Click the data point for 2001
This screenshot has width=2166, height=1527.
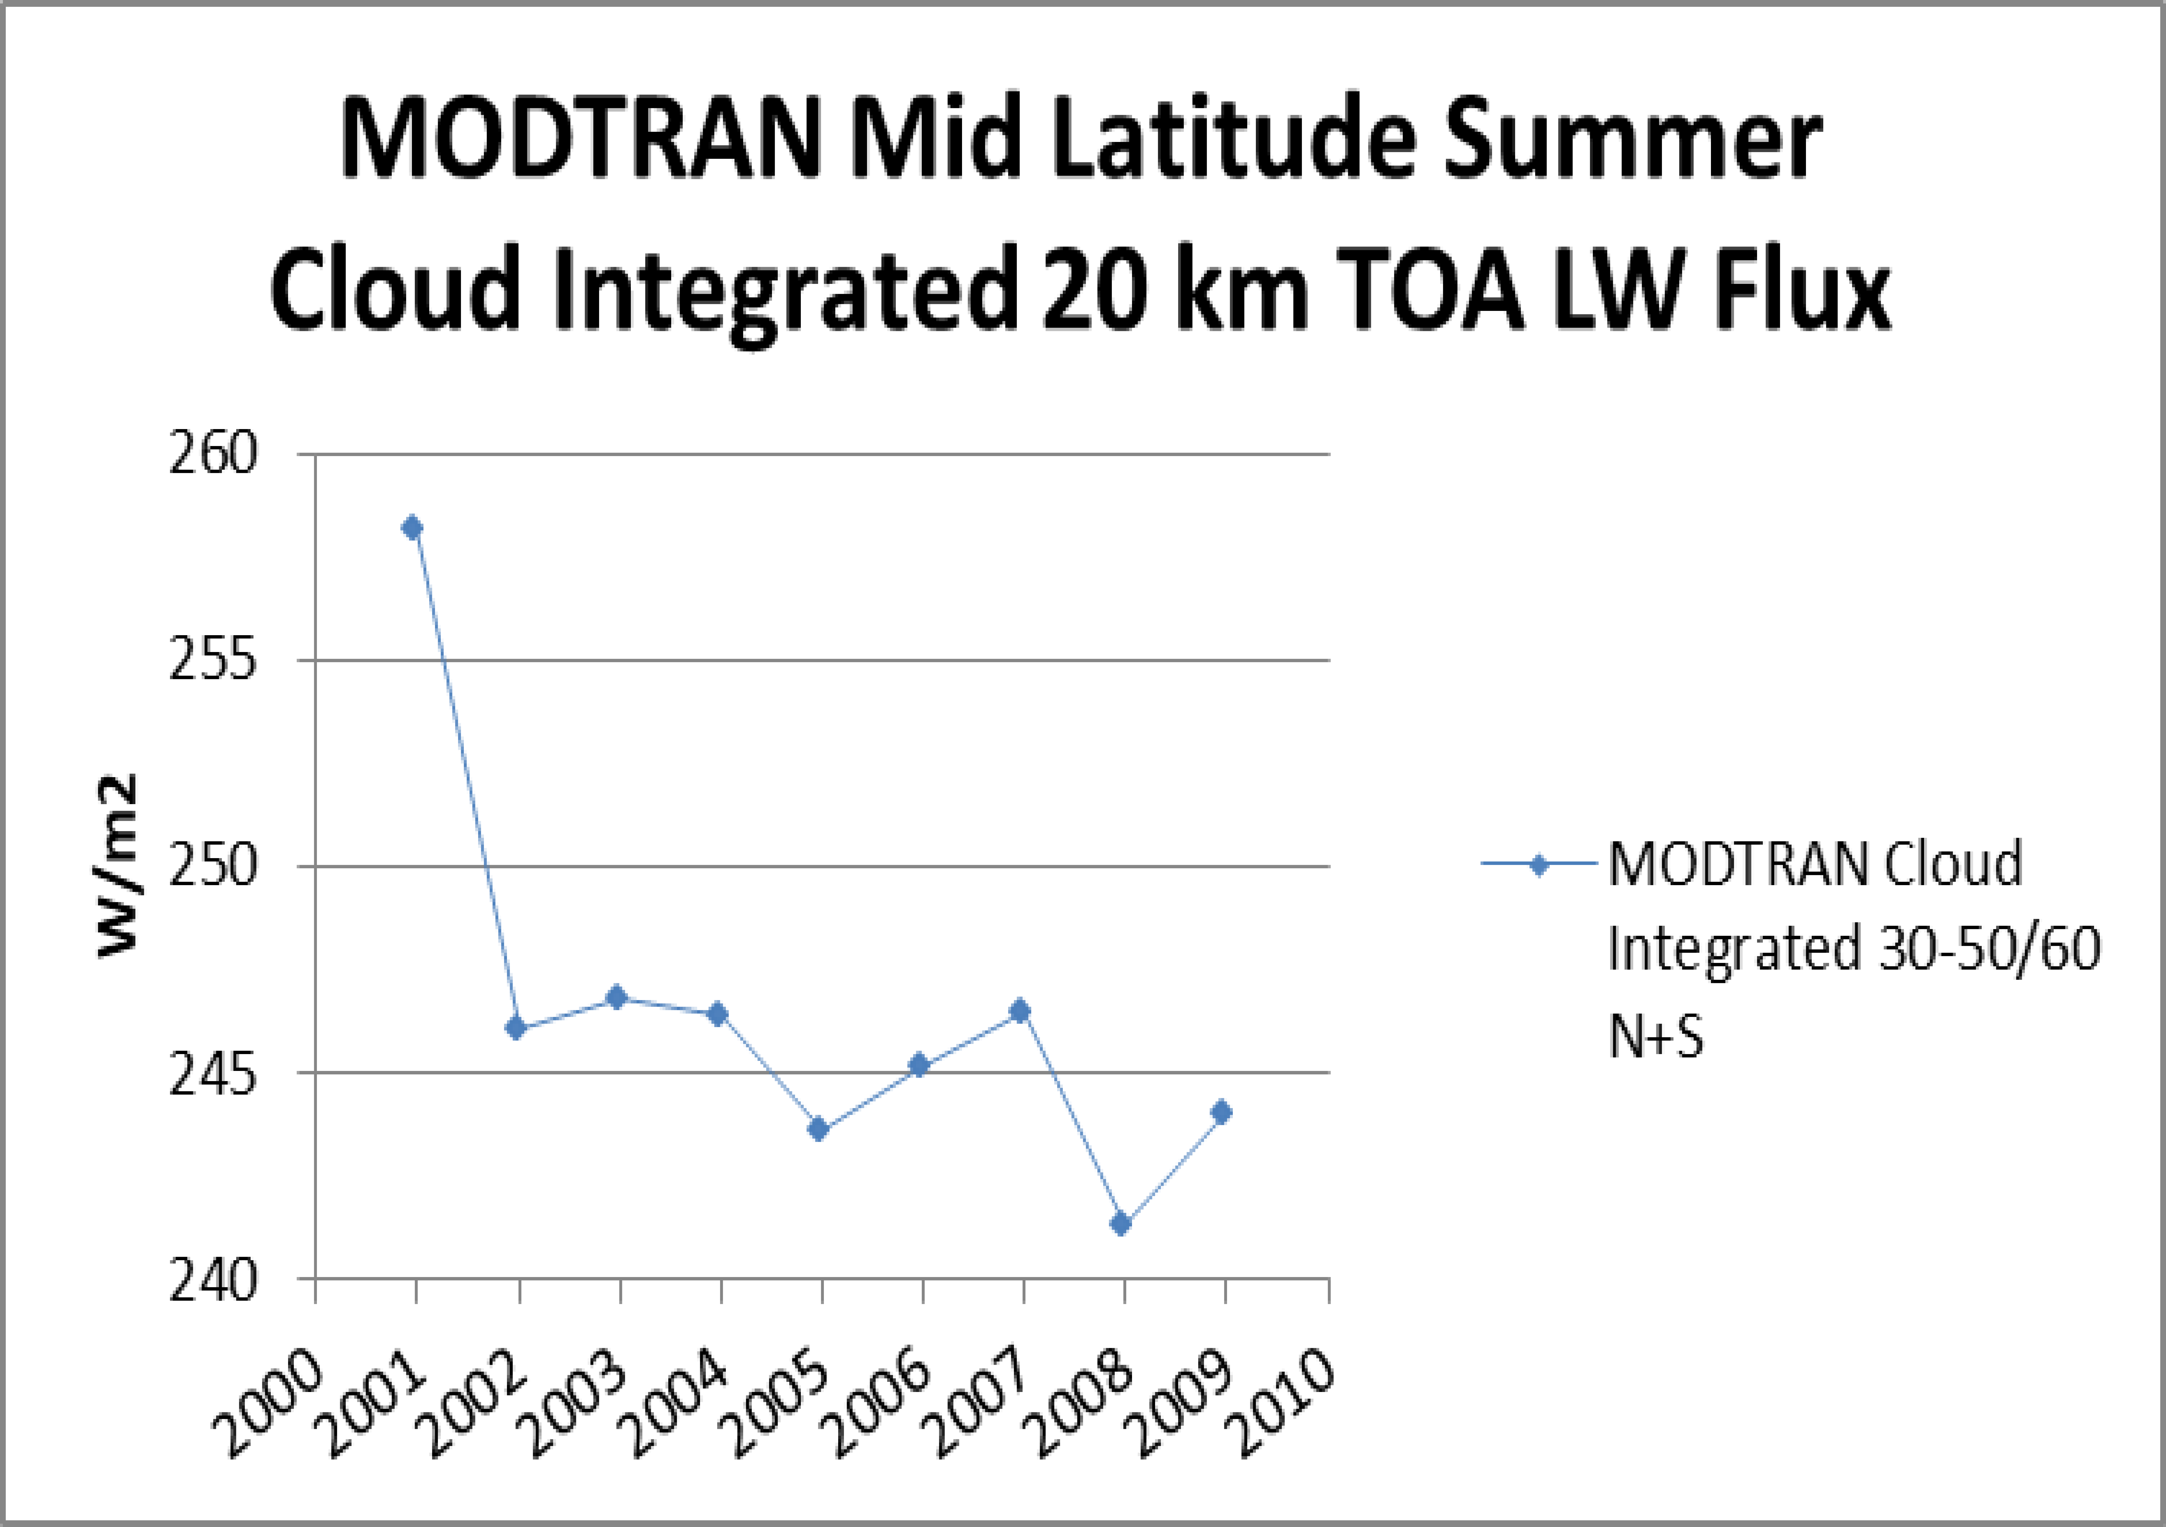click(412, 528)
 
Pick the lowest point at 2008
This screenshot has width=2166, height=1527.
click(1121, 1224)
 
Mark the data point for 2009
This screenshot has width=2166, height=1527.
click(1222, 1113)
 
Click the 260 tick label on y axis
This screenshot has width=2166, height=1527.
click(213, 455)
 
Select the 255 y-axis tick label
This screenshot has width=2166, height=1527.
click(213, 661)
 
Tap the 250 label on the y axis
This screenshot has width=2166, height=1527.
click(213, 866)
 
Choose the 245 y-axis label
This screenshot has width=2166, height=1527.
click(213, 1073)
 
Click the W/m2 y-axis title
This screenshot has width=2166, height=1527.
click(119, 866)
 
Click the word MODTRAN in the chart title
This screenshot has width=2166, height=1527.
click(580, 141)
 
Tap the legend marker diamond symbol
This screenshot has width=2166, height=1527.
click(1539, 865)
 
